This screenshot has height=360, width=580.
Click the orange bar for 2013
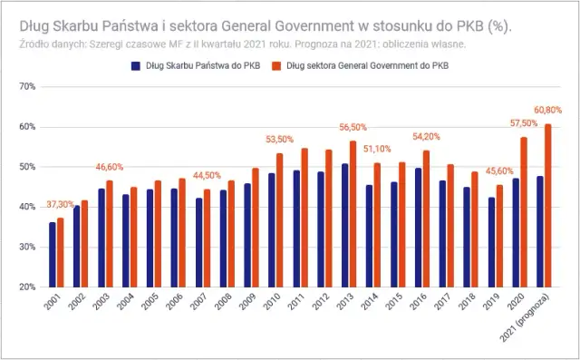(x=353, y=214)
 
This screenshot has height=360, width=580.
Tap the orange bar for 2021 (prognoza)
(x=548, y=206)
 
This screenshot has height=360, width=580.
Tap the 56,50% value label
(x=353, y=128)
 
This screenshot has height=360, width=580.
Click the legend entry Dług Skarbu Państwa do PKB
(x=197, y=66)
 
